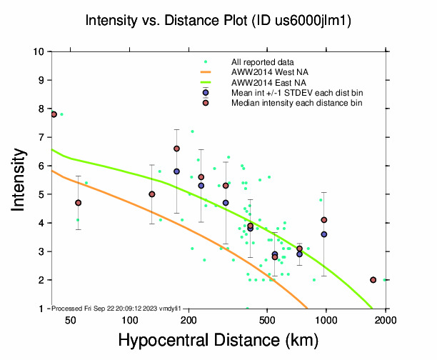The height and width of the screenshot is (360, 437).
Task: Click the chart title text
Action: [218, 21]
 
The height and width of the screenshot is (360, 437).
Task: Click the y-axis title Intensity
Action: [21, 179]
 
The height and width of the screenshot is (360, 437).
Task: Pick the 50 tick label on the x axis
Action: [71, 321]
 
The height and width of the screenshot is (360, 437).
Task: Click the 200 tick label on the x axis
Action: [189, 321]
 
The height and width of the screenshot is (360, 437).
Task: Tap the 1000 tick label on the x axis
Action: [326, 321]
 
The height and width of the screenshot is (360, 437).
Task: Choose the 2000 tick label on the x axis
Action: [386, 321]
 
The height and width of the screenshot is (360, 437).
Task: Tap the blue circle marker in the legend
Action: [206, 93]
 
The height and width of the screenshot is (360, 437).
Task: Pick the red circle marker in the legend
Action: [206, 103]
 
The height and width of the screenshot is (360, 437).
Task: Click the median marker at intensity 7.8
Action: [54, 114]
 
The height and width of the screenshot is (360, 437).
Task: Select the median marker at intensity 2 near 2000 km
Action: [373, 280]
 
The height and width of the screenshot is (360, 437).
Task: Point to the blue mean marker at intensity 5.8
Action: [176, 171]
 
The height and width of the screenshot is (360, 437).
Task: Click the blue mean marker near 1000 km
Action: [324, 234]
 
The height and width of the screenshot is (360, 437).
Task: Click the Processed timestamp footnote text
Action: [114, 308]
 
